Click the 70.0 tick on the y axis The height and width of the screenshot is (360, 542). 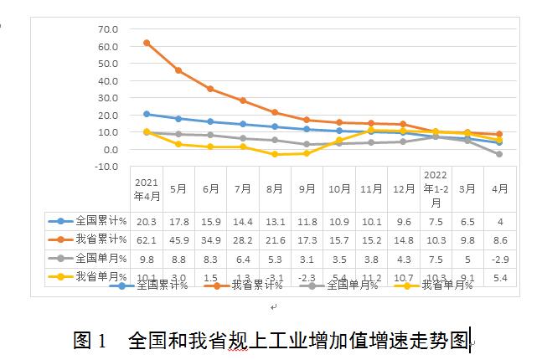click(x=109, y=29)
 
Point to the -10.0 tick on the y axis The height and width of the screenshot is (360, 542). click(x=107, y=167)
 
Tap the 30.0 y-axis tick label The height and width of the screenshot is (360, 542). click(x=109, y=98)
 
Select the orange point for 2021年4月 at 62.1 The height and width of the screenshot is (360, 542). click(x=147, y=43)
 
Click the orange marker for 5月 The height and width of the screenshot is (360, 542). click(x=178, y=70)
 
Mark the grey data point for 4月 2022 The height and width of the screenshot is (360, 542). click(x=499, y=154)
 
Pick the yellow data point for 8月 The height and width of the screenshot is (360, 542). click(x=275, y=154)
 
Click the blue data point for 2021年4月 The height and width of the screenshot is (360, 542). click(x=147, y=114)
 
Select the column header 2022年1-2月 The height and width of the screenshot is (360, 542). click(x=435, y=188)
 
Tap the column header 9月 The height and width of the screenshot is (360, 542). click(x=307, y=189)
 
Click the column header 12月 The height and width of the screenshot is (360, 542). click(x=403, y=189)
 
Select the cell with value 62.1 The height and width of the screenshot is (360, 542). click(x=147, y=240)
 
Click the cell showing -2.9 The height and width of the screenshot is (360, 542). click(x=499, y=259)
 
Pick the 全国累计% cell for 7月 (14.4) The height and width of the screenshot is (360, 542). click(x=243, y=222)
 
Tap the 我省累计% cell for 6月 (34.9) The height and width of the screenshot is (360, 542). click(x=210, y=240)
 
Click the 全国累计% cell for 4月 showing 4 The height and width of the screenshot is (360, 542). click(x=499, y=222)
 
